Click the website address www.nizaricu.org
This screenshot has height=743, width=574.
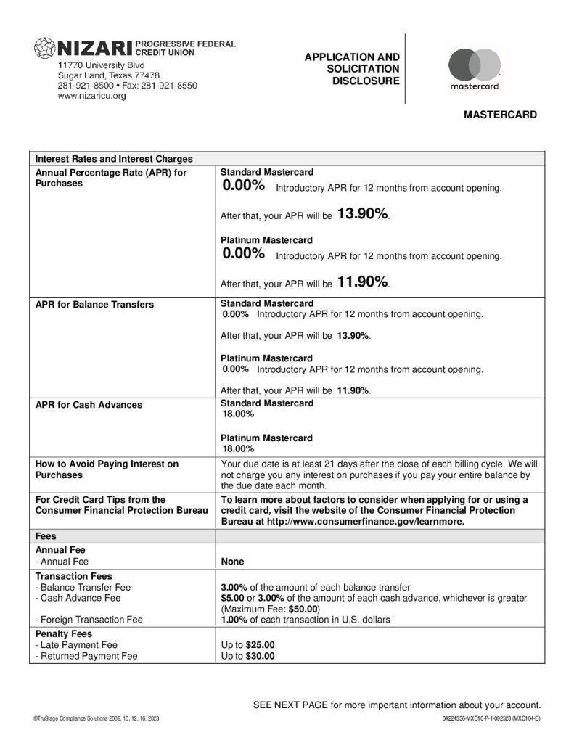[91, 97]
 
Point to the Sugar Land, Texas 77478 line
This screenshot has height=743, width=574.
[109, 75]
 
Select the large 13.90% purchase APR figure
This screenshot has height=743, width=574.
[363, 213]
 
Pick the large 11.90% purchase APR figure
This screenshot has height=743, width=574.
[363, 282]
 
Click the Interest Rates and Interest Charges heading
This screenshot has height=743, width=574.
[114, 159]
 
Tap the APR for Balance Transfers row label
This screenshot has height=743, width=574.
[94, 304]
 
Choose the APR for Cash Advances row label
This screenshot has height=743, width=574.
[89, 404]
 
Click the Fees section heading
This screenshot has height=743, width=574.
[46, 535]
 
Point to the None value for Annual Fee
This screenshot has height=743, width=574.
[232, 562]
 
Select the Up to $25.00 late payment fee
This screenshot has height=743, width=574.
[247, 644]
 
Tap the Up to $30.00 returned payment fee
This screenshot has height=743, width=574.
[247, 656]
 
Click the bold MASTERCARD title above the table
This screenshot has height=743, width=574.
[500, 115]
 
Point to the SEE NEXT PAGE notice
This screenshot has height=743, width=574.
[396, 705]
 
